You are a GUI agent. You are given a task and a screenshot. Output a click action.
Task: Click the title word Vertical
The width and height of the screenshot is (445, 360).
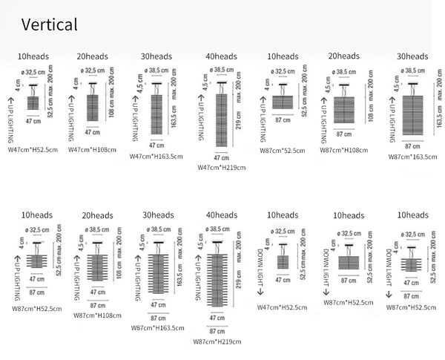pyautogui.click(x=49, y=24)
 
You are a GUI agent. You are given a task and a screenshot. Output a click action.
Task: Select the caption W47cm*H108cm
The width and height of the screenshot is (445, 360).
pyautogui.click(x=92, y=149)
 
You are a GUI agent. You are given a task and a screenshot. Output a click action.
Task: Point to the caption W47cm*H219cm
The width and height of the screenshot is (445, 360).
pyautogui.click(x=221, y=168)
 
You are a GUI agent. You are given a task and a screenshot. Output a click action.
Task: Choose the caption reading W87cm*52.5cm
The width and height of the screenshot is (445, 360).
pyautogui.click(x=281, y=149)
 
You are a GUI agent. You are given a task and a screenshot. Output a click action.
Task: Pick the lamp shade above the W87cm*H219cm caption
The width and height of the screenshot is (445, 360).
pyautogui.click(x=217, y=283)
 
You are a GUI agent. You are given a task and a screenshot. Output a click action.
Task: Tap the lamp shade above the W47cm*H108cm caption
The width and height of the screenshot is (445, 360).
pyautogui.click(x=92, y=107)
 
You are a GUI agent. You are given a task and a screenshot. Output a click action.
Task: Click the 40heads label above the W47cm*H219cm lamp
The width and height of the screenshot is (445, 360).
pyautogui.click(x=222, y=56)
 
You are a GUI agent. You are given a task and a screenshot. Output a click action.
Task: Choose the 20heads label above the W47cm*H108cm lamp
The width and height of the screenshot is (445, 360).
pyautogui.click(x=92, y=56)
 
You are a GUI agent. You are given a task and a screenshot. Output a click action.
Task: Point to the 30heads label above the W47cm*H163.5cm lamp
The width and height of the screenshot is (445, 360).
pyautogui.click(x=156, y=56)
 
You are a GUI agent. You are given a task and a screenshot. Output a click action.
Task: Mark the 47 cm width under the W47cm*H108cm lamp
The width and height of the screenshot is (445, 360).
pyautogui.click(x=92, y=132)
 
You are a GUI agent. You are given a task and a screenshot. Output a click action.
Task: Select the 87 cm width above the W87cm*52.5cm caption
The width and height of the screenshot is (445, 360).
pyautogui.click(x=283, y=119)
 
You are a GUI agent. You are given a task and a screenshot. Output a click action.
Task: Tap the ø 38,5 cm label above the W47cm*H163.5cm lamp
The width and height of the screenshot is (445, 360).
pyautogui.click(x=156, y=71)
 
